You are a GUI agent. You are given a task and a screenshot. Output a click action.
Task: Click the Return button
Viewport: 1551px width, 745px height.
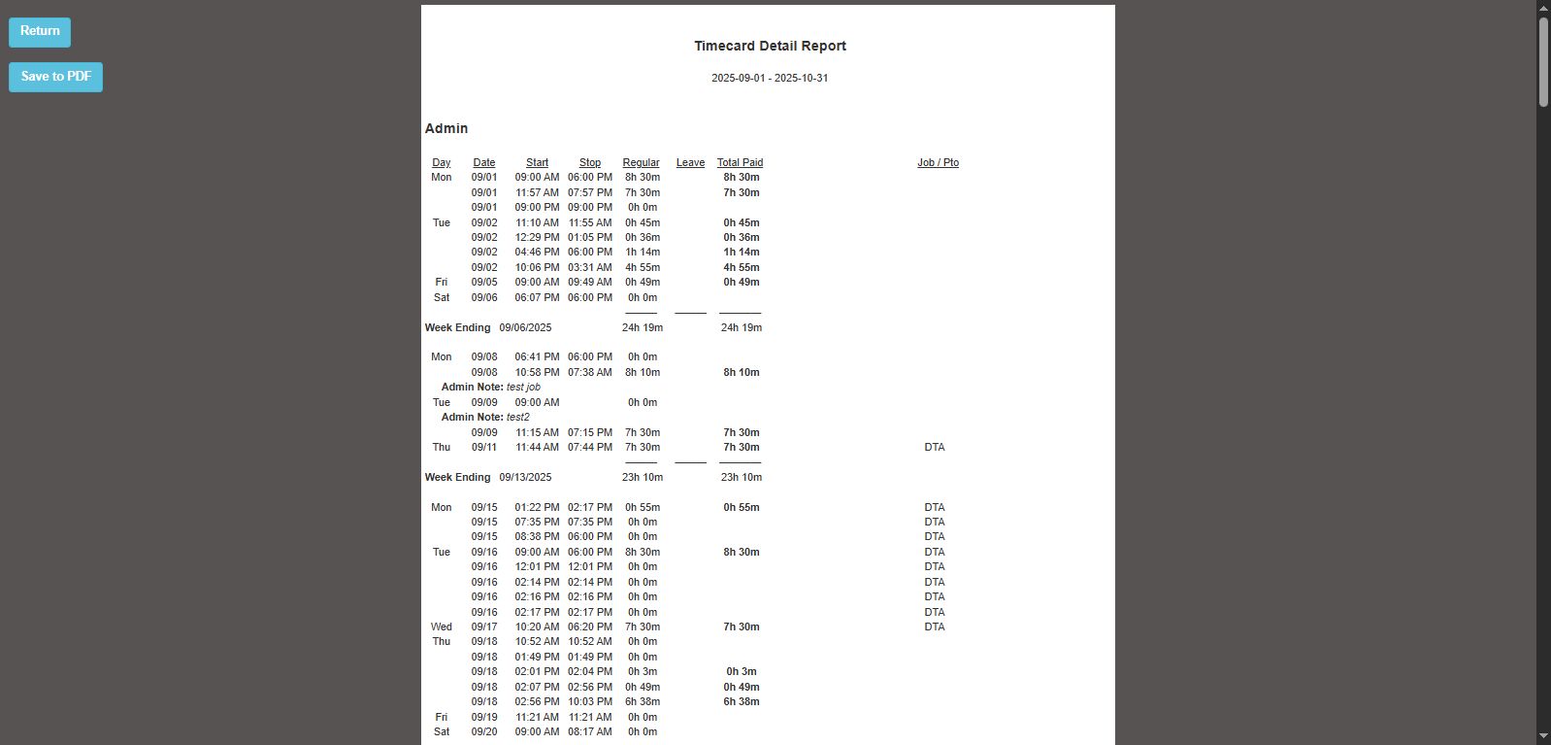(40, 32)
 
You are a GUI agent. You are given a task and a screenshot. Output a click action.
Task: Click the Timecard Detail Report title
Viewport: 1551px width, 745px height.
(770, 46)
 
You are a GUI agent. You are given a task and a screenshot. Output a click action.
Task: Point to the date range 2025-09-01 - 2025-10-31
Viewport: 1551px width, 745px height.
(770, 78)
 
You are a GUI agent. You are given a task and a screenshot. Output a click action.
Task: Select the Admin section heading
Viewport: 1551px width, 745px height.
(446, 128)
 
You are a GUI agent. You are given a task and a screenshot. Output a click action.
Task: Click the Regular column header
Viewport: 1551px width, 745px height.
(641, 162)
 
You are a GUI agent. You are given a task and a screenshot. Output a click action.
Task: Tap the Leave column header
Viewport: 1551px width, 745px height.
(690, 162)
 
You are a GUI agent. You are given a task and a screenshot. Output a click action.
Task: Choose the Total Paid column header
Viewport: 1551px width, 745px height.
(740, 162)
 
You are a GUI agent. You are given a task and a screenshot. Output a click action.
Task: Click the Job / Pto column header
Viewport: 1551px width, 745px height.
(938, 162)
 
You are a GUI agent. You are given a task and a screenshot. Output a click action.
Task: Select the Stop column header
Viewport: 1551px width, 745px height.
(590, 162)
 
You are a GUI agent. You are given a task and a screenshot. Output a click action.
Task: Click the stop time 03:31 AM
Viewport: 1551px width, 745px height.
(590, 267)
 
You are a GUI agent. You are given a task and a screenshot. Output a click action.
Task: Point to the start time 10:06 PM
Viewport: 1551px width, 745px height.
(537, 267)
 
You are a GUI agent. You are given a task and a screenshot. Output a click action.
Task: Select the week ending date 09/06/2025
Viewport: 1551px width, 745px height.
(525, 327)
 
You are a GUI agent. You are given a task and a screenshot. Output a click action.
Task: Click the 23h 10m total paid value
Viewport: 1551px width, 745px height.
(741, 477)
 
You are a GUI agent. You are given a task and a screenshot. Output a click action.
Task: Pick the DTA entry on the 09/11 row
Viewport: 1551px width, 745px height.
(935, 447)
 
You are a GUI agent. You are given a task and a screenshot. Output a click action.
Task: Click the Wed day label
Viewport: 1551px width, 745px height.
(442, 626)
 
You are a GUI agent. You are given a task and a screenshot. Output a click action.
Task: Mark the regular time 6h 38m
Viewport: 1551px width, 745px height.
(643, 701)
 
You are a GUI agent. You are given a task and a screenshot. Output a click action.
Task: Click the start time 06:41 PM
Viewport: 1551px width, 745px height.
(537, 356)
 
